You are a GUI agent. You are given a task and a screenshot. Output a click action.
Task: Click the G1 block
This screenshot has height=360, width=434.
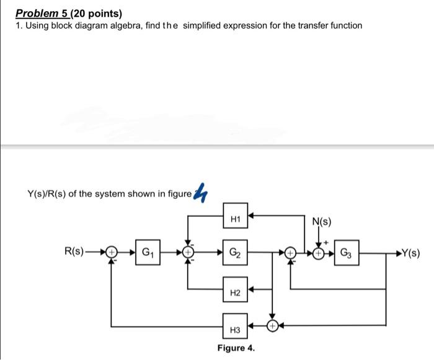click(x=148, y=252)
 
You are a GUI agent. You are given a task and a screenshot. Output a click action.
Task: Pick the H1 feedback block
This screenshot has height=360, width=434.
click(x=236, y=218)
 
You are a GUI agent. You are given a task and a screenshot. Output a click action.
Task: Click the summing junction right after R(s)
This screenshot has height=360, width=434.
click(x=112, y=252)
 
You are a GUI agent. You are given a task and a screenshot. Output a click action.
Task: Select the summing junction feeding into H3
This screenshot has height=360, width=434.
click(x=272, y=325)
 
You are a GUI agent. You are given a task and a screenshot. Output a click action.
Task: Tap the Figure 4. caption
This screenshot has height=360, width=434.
click(x=236, y=348)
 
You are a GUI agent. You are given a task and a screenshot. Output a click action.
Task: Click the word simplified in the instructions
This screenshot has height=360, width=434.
click(x=205, y=25)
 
